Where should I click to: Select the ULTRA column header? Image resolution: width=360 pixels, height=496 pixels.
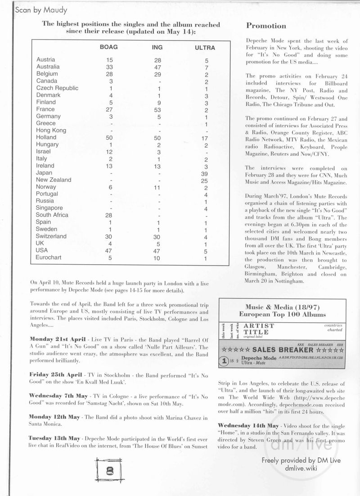click(205, 48)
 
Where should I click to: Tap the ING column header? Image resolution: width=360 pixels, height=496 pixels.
click(157, 47)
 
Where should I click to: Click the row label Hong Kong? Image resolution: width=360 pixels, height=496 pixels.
click(51, 131)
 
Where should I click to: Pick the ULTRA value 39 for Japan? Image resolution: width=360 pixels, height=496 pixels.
click(205, 173)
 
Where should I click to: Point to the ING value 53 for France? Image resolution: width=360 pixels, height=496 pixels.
click(157, 109)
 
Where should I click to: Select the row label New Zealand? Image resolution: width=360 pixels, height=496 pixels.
click(54, 180)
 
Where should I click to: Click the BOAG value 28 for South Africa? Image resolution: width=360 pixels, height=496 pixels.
click(109, 215)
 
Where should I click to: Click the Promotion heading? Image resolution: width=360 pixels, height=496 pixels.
click(266, 26)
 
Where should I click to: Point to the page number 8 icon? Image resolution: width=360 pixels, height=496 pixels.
click(109, 471)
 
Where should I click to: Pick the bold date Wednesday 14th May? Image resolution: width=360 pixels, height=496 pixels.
click(248, 426)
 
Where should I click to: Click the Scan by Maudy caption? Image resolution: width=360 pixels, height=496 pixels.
click(35, 9)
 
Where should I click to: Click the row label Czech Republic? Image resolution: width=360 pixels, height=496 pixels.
click(57, 88)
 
